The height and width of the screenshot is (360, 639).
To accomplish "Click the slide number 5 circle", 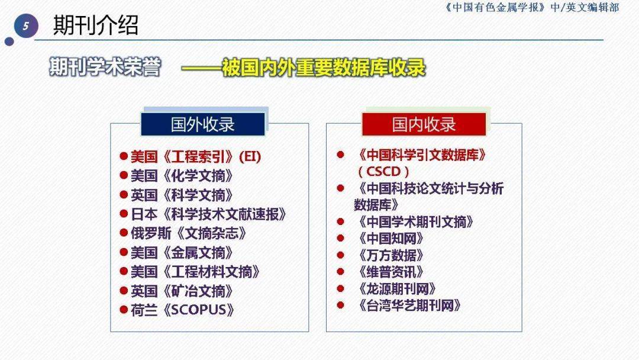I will tap(25, 26).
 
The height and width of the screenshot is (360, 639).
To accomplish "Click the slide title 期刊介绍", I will tap(96, 25).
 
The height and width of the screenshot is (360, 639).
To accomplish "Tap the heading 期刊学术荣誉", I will tap(105, 67).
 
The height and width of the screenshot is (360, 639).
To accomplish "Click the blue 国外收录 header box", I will tap(202, 124).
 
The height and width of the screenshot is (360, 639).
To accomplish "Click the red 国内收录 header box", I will tap(424, 124).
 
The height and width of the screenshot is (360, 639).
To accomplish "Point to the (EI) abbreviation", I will tap(249, 157).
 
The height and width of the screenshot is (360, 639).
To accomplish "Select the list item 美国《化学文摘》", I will tap(182, 176).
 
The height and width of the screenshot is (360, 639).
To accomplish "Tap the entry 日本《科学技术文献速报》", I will tap(209, 214).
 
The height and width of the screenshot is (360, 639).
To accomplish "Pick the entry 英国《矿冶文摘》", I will tap(182, 291).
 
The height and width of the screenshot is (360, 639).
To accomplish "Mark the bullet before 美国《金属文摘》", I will tap(124, 252).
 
